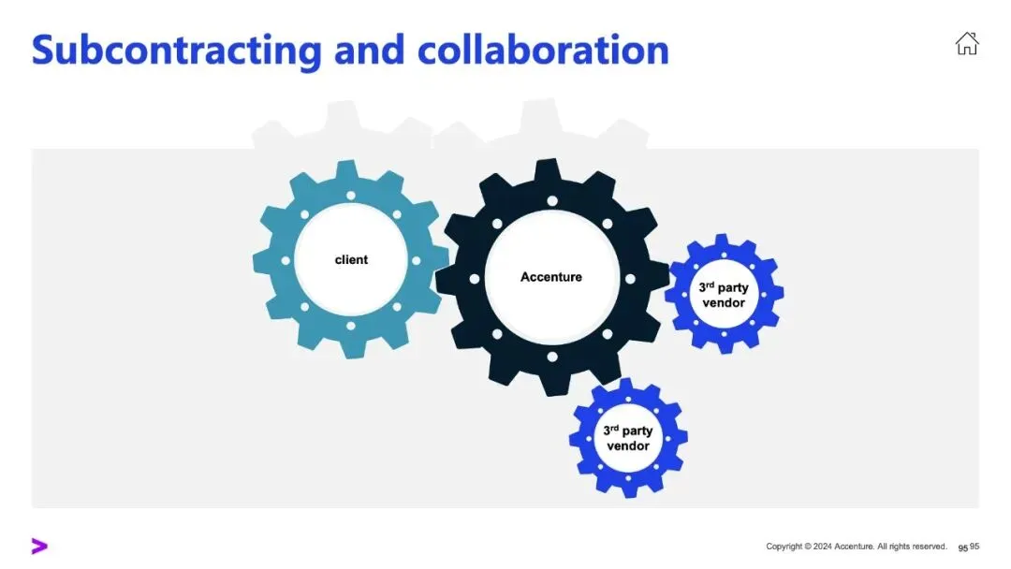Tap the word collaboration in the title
click(x=543, y=49)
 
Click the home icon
click(x=966, y=43)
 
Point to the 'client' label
click(x=351, y=259)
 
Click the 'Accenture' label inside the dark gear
click(x=551, y=277)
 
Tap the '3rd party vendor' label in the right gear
click(x=724, y=295)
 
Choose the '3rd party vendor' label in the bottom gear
click(x=627, y=438)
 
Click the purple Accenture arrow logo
click(x=38, y=547)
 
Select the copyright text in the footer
click(x=856, y=547)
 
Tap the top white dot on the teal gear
click(x=351, y=196)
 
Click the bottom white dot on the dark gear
click(x=551, y=357)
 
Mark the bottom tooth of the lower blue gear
click(x=628, y=489)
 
